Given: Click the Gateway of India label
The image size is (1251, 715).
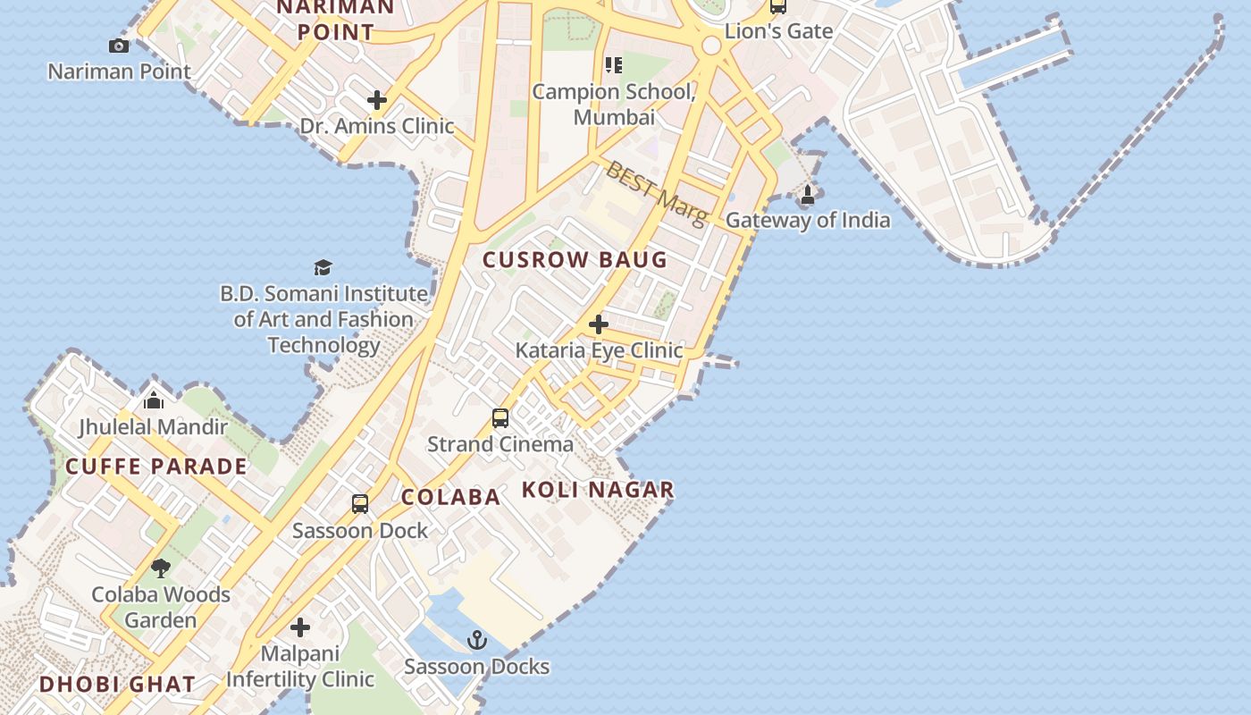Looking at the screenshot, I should coord(807,220).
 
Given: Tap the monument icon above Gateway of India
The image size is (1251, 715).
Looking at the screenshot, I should coord(808,194).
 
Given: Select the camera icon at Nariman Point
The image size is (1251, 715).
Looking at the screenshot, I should coord(118,46).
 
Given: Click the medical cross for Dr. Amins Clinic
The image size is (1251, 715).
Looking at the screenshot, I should coord(377,100).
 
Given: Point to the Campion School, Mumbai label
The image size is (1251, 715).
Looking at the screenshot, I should coord(614,104).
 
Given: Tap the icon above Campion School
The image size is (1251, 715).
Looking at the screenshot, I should coord(613,65).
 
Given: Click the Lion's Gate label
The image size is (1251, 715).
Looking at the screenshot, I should coord(778,31).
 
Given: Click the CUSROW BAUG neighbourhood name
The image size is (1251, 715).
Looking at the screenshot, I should coord(575,260).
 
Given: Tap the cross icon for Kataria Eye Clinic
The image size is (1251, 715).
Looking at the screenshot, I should coord(599,324).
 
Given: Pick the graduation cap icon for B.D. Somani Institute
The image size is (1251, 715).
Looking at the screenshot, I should coord(323,268).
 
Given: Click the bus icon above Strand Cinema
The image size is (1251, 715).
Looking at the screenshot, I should coord(500,417).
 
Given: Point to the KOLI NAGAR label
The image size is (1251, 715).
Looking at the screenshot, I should coord(597,490).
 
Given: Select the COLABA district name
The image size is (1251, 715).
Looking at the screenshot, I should coord(450,498).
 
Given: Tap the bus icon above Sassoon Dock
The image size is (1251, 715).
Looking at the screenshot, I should coord(360,504).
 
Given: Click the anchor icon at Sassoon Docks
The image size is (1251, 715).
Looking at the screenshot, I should coord(477,640).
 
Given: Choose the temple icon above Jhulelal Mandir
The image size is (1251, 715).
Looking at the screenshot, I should coord(154,400).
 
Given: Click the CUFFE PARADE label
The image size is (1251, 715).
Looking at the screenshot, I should coord(156,467).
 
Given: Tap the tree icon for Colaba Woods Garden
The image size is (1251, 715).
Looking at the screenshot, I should coord(161,568).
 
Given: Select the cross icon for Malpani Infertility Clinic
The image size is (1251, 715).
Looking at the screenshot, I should coord(300,627).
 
